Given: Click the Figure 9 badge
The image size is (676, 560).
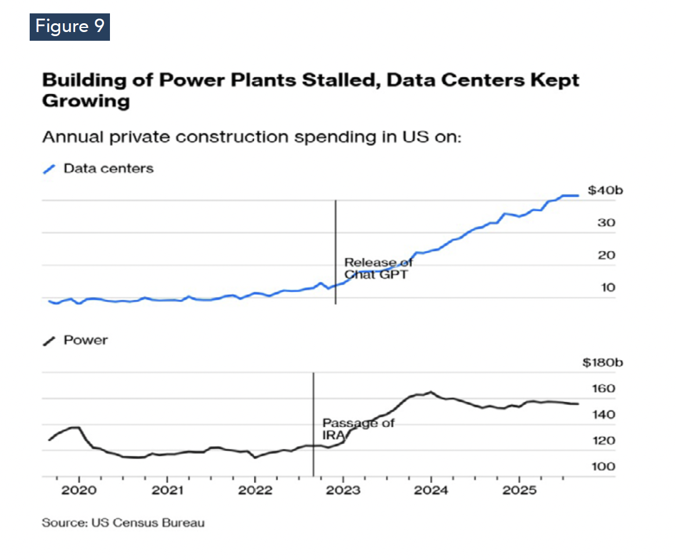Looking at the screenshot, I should (69, 26).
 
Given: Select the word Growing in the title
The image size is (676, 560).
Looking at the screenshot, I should (86, 101).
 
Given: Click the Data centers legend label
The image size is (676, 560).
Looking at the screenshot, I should (108, 169).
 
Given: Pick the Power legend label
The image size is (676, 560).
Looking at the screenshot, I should (86, 340).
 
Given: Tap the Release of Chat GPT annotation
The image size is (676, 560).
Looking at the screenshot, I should (378, 268).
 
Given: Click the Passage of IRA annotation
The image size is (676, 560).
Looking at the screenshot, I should (357, 429).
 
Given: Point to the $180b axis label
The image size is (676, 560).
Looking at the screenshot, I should (603, 363).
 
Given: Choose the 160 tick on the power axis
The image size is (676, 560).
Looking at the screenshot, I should (603, 389).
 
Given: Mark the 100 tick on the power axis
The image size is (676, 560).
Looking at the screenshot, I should (603, 467).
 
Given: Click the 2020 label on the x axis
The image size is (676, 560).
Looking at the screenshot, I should (79, 490).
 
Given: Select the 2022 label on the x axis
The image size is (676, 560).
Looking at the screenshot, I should (255, 490).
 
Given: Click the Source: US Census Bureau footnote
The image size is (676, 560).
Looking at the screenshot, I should (123, 523).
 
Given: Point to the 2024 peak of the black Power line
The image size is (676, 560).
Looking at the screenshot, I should (430, 392).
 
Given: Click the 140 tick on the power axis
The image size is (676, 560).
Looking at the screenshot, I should (603, 415).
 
